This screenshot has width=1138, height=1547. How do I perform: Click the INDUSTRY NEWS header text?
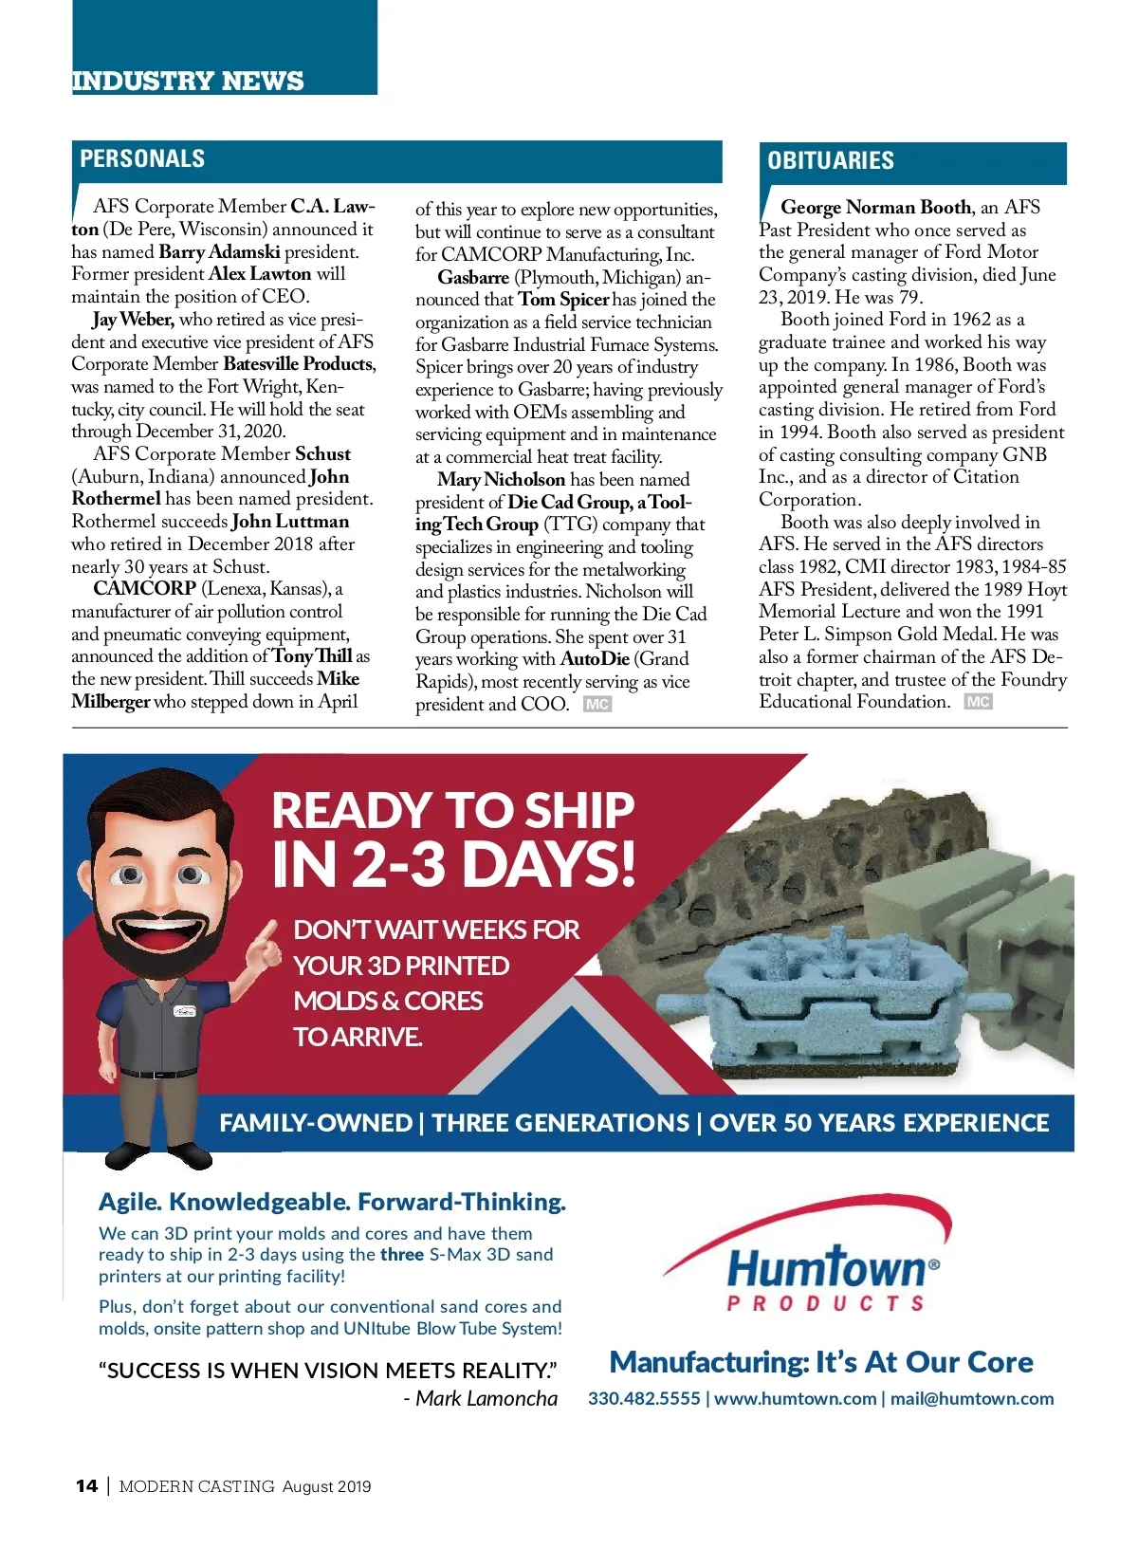pos(188,81)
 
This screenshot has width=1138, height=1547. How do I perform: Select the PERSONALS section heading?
pos(142,158)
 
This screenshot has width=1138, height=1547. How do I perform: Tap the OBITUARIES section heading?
pos(831,160)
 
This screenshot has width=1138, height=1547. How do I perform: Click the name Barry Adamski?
pos(219,252)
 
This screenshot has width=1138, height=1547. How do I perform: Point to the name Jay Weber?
pos(133,320)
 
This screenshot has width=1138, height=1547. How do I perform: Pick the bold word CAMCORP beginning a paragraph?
pos(144,589)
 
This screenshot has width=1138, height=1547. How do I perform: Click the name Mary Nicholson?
pos(501,480)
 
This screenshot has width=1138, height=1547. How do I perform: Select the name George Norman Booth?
pos(875,208)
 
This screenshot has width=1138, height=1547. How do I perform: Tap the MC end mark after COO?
pos(597,705)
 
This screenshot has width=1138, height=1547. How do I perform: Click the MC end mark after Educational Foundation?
pos(978,702)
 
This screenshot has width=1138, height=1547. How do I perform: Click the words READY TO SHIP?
pos(452,811)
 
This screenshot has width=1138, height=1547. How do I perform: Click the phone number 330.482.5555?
pos(644,1399)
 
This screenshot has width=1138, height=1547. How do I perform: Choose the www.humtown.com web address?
pos(795,1399)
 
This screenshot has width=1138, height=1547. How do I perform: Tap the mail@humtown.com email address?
pos(972,1399)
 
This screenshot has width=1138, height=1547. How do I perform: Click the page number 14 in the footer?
pos(86,1486)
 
